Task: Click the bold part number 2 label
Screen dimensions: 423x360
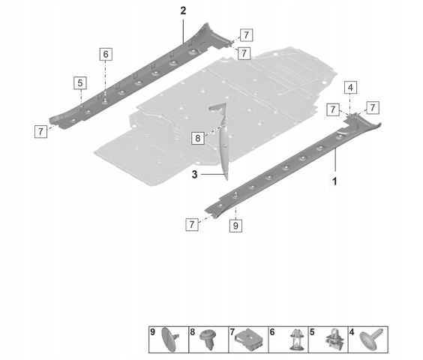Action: pyautogui.click(x=183, y=11)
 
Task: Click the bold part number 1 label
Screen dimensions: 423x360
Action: pyautogui.click(x=334, y=181)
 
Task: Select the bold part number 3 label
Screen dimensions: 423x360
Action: pyautogui.click(x=194, y=175)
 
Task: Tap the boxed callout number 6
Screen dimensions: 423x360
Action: pyautogui.click(x=106, y=55)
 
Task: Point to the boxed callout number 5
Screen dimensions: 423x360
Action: pyautogui.click(x=80, y=82)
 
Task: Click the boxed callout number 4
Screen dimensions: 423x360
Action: pyautogui.click(x=350, y=88)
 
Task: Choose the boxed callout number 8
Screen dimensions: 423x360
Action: pyautogui.click(x=198, y=139)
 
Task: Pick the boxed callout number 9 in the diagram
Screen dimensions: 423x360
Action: pyautogui.click(x=235, y=226)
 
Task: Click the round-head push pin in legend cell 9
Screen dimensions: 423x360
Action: pyautogui.click(x=170, y=340)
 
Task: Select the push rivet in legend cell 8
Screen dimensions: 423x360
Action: pyautogui.click(x=208, y=339)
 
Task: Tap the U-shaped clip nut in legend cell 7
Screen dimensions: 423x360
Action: pyautogui.click(x=249, y=339)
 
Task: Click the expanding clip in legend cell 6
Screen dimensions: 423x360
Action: pyautogui.click(x=296, y=340)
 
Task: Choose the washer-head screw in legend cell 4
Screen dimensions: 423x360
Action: pyautogui.click(x=372, y=339)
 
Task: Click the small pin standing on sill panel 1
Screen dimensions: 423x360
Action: pyautogui.click(x=235, y=194)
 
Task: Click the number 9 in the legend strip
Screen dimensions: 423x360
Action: pyautogui.click(x=153, y=332)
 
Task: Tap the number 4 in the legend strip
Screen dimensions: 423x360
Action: pyautogui.click(x=352, y=332)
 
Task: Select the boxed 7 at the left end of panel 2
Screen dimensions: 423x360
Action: pyautogui.click(x=40, y=132)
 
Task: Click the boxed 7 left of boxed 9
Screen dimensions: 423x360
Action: pyautogui.click(x=192, y=224)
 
